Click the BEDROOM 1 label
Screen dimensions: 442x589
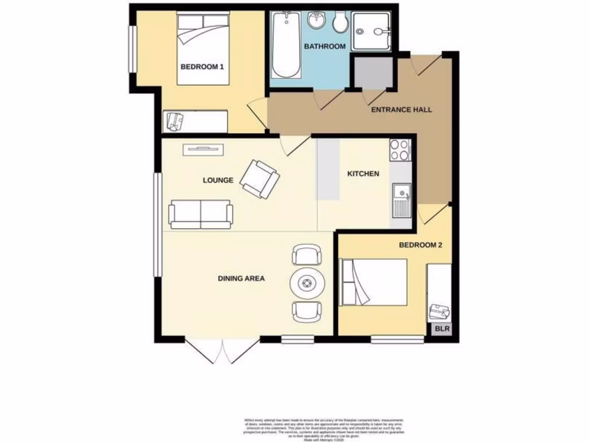coord(202,67)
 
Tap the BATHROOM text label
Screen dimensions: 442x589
coord(324,47)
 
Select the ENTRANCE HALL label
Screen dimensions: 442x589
coord(401,109)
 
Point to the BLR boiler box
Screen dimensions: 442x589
coord(442,329)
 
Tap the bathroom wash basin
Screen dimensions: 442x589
coord(316,21)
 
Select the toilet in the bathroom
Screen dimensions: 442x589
coord(341,23)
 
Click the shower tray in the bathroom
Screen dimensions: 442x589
coord(373,32)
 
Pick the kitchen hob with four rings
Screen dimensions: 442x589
coord(400,150)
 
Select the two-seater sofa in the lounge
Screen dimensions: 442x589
coord(201,214)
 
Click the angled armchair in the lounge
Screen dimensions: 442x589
coord(259,179)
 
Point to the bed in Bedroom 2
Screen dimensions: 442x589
coord(374,282)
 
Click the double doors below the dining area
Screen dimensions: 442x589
coord(222,351)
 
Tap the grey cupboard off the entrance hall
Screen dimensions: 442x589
coord(373,73)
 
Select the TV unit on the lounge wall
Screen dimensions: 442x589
coord(203,150)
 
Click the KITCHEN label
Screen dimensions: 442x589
coord(362,173)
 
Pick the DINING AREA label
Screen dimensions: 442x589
coord(241,279)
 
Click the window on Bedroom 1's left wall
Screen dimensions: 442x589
coord(132,49)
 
